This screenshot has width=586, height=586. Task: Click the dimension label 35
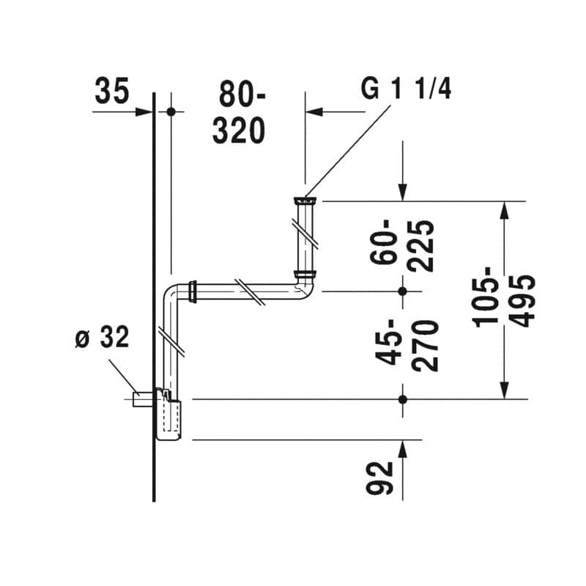pos(112,91)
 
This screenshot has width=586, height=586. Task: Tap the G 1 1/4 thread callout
pos(406,89)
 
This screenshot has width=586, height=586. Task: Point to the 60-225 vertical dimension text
pos(401,246)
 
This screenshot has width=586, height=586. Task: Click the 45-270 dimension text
pos(407,345)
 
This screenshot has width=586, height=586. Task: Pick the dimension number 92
pos(379,478)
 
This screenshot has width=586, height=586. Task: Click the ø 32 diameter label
pos(102,337)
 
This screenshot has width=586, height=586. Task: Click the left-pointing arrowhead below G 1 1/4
pos(314,111)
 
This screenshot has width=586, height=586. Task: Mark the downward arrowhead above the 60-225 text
pos(402,193)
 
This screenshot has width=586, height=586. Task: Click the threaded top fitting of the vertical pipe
pos(305,201)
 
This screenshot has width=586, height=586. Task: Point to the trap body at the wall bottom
pos(168,414)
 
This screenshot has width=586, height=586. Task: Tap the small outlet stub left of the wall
pos(143,399)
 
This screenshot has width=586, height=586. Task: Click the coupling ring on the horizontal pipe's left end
pos(193,291)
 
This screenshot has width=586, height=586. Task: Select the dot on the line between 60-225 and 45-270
pos(402,291)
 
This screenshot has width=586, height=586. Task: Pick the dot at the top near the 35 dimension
pos(171,111)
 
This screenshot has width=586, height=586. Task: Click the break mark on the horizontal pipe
pos(250,292)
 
